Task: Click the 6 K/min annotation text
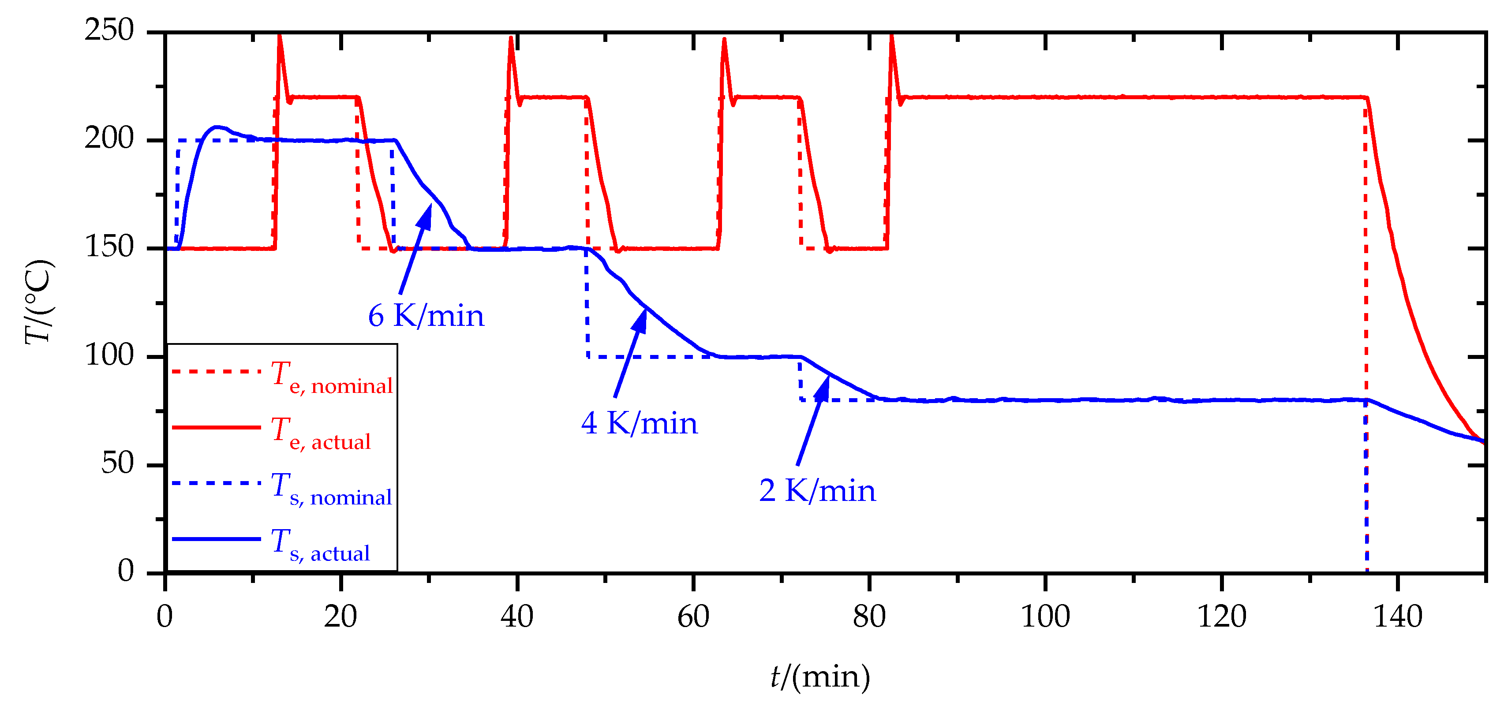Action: click(426, 316)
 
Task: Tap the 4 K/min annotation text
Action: click(640, 423)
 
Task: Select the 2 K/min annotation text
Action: click(817, 491)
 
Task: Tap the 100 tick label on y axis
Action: click(109, 355)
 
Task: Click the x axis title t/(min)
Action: click(820, 677)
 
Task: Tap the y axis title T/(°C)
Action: click(39, 302)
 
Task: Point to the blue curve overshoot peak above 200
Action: click(217, 127)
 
